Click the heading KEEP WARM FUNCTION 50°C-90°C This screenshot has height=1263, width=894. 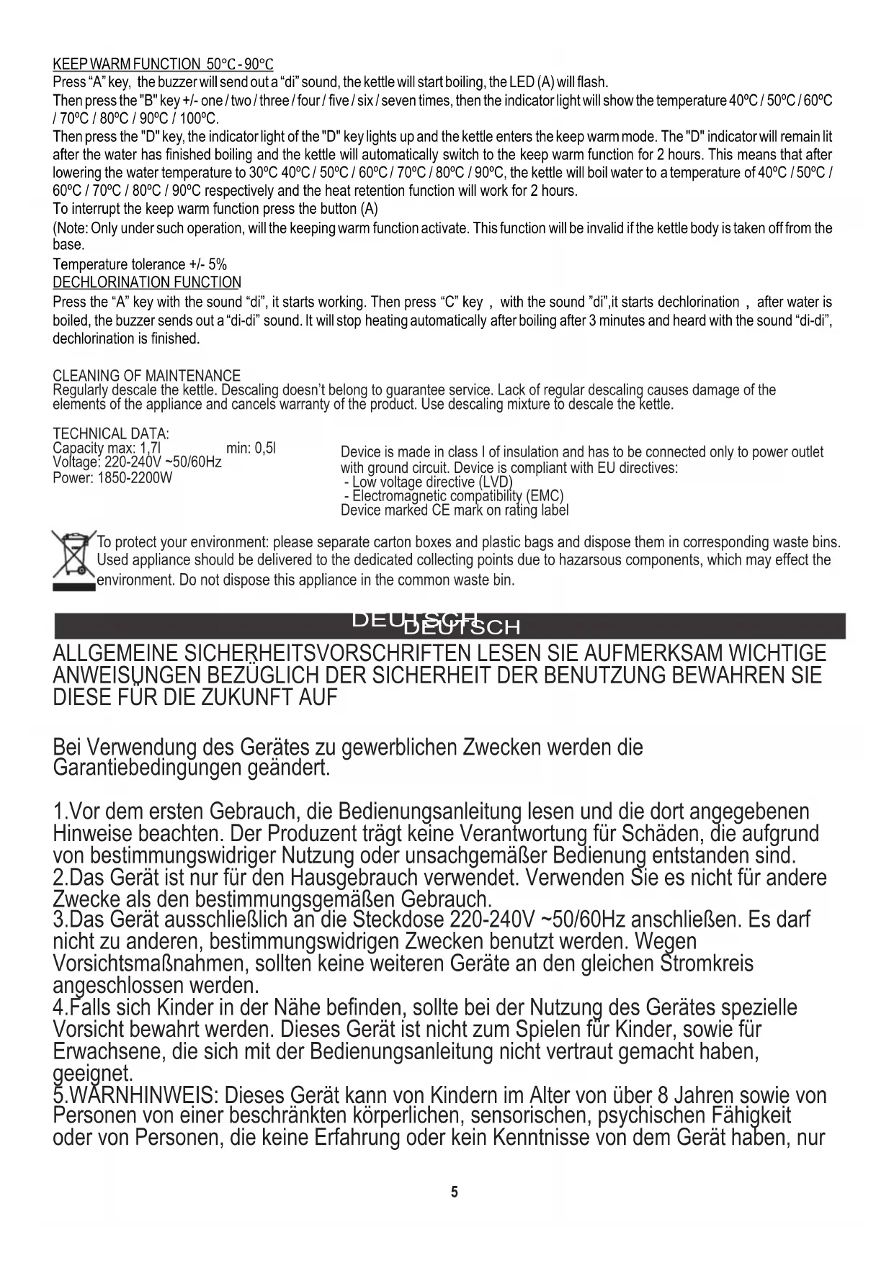pyautogui.click(x=163, y=65)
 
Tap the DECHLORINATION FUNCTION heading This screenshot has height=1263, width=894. pyautogui.click(x=147, y=282)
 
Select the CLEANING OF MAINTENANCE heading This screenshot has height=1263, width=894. pyautogui.click(x=146, y=376)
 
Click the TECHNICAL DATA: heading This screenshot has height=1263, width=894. pyautogui.click(x=111, y=434)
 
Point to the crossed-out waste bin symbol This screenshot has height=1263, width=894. pyautogui.click(x=73, y=559)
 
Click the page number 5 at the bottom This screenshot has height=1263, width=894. pyautogui.click(x=454, y=1192)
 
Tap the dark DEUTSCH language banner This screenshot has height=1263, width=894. pyautogui.click(x=450, y=626)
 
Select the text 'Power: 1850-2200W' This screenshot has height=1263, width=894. pyautogui.click(x=112, y=478)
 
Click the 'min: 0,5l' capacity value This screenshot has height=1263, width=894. pyautogui.click(x=251, y=449)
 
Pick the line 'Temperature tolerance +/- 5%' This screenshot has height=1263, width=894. pyautogui.click(x=140, y=264)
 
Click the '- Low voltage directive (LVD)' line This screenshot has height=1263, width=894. pyautogui.click(x=428, y=482)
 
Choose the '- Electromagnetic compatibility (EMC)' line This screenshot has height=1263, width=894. pyautogui.click(x=453, y=496)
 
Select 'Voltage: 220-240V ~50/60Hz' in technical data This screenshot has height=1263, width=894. pyautogui.click(x=137, y=462)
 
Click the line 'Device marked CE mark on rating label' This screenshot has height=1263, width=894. pyautogui.click(x=455, y=511)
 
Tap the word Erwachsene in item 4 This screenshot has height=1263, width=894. pyautogui.click(x=108, y=1052)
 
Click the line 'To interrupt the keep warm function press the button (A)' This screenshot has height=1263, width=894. pyautogui.click(x=215, y=210)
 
